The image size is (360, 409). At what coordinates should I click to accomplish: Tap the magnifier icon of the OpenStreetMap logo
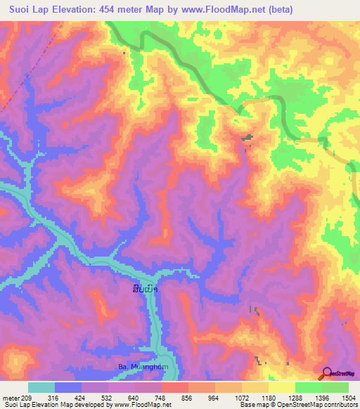326,374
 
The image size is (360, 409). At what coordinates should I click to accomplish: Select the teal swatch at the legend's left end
41,387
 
